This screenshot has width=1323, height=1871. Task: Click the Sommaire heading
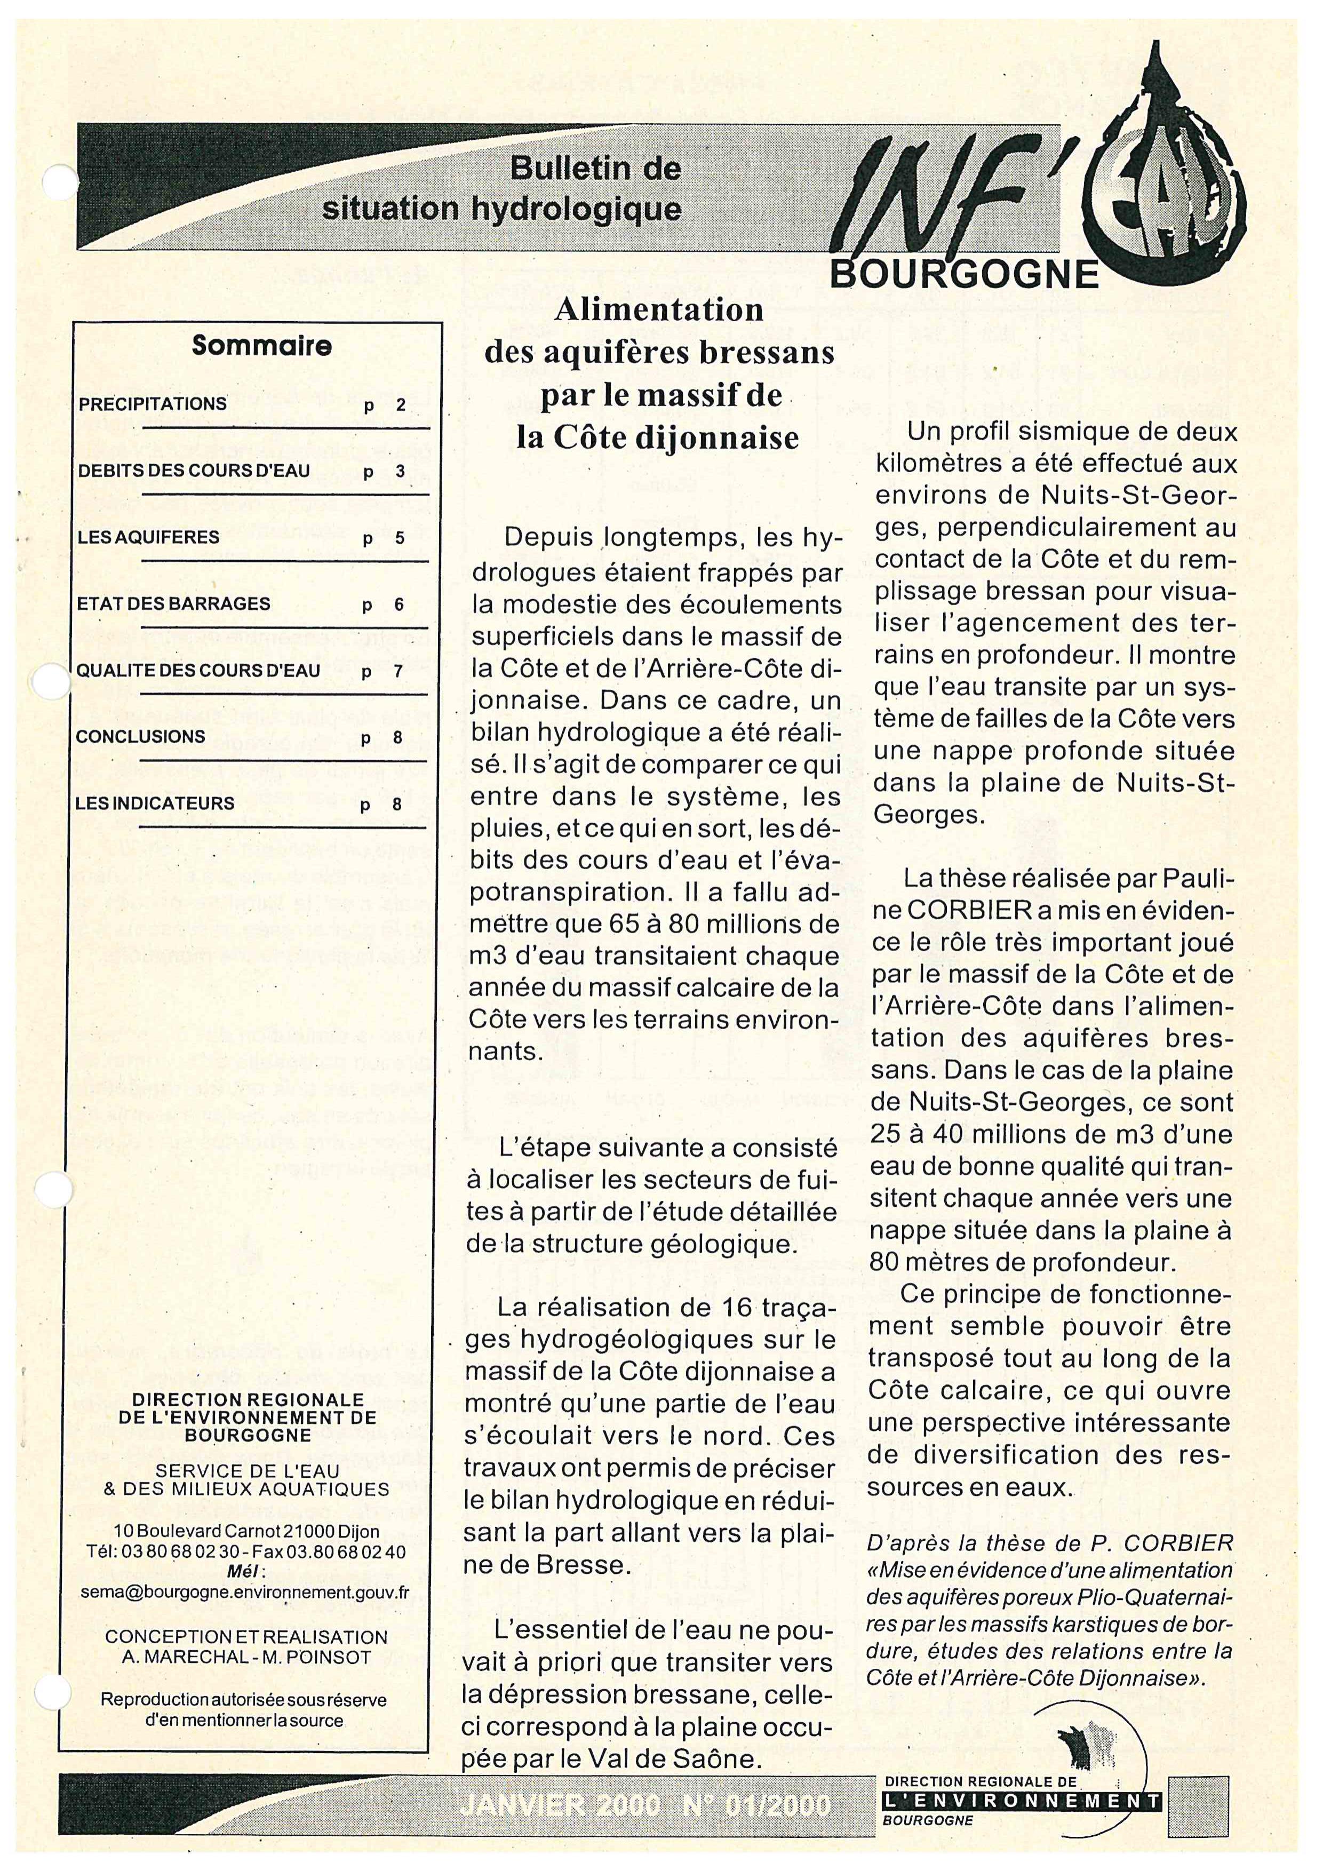(x=261, y=346)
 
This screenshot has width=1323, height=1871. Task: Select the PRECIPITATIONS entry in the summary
(x=153, y=404)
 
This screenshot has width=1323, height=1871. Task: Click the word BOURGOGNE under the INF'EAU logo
(x=964, y=275)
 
